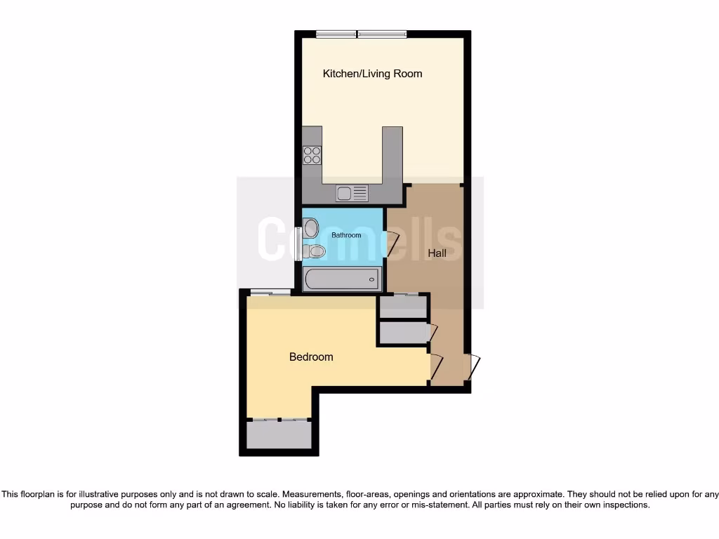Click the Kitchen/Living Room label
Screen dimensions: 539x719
[372, 74]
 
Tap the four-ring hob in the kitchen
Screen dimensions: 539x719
[312, 155]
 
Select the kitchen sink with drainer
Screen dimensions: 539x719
[352, 192]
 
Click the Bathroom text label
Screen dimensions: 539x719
[346, 235]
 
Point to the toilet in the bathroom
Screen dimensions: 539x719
[316, 251]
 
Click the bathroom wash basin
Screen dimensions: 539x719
[310, 227]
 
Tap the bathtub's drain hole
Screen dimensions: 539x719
[371, 279]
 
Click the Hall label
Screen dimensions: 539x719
[437, 253]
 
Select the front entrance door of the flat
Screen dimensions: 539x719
[475, 367]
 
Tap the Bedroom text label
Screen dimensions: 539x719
[311, 357]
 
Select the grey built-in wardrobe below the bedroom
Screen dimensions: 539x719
[278, 435]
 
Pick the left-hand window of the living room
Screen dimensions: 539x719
[336, 33]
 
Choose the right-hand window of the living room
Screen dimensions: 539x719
[382, 33]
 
